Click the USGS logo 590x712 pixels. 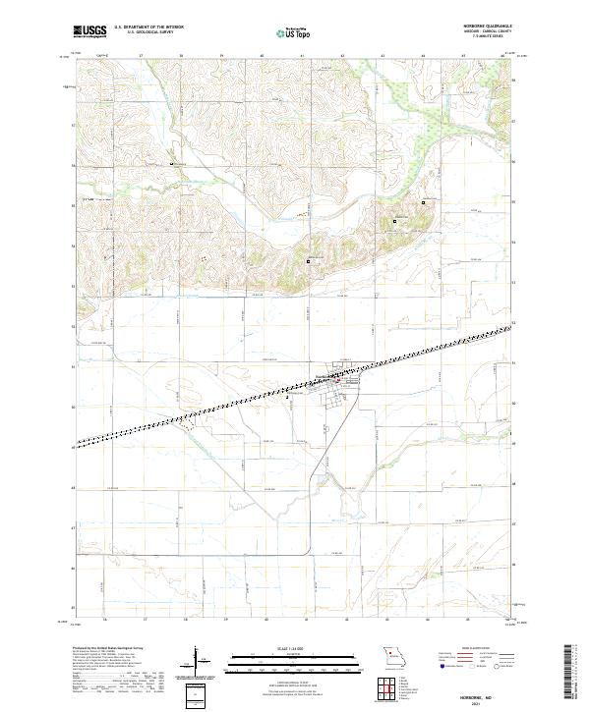coord(89,31)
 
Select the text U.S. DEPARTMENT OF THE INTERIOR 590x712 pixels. coord(148,27)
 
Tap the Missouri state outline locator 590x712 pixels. coord(393,656)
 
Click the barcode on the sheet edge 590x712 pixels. coord(572,678)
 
